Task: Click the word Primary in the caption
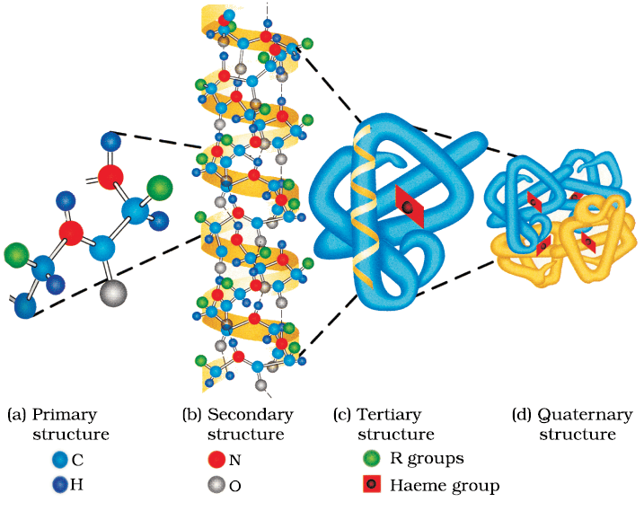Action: pos(65,415)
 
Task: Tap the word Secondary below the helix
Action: pos(250,414)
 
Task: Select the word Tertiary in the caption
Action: pos(389,415)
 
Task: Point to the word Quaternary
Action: pos(586,415)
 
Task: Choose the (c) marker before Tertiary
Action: pos(342,415)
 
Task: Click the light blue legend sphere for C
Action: pos(60,460)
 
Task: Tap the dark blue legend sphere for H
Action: pos(60,485)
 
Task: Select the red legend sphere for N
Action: pos(216,459)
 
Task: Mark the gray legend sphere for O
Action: pos(216,485)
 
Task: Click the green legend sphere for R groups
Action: pos(372,458)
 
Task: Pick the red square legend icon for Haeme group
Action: pos(372,484)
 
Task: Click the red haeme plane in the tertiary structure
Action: pos(409,207)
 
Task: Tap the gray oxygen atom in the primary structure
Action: pos(114,293)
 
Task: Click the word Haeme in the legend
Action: pos(419,485)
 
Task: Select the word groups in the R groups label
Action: pos(436,459)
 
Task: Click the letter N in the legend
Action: pos(234,460)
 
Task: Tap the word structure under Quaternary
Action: pos(578,434)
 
